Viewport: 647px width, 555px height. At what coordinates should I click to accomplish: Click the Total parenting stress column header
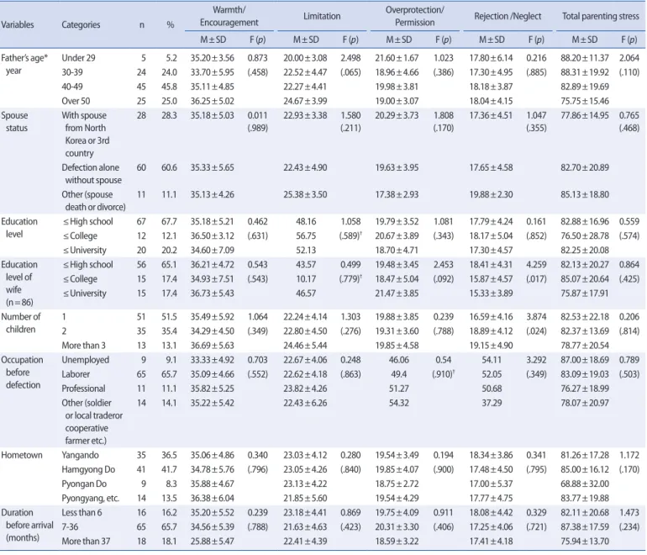pos(601,16)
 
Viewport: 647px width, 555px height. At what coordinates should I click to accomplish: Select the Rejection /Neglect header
pos(508,16)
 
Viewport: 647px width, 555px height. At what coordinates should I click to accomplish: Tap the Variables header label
pos(18,24)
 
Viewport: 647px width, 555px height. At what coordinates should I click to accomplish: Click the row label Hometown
pos(22,455)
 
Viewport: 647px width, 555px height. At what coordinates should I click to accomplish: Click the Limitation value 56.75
pos(306,235)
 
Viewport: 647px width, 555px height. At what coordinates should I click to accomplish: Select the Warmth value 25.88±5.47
pos(212,542)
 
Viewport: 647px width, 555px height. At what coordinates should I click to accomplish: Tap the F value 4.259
pos(536,265)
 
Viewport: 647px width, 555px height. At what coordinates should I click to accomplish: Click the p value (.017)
pos(536,279)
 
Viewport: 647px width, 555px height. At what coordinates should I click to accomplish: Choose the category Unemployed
pos(86,360)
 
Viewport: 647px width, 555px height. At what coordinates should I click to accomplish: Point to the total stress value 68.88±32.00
pos(585,484)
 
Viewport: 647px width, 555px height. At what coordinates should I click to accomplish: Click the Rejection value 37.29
pos(492,403)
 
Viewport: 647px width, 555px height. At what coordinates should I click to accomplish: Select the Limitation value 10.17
pos(306,279)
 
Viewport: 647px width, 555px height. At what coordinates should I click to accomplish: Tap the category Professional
pos(83,388)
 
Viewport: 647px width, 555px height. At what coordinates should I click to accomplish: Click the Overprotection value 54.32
pos(399,403)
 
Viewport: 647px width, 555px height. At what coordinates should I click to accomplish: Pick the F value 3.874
pos(536,317)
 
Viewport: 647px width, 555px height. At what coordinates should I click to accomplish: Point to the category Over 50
pos(76,101)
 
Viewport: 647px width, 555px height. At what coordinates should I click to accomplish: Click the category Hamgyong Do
pos(88,469)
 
